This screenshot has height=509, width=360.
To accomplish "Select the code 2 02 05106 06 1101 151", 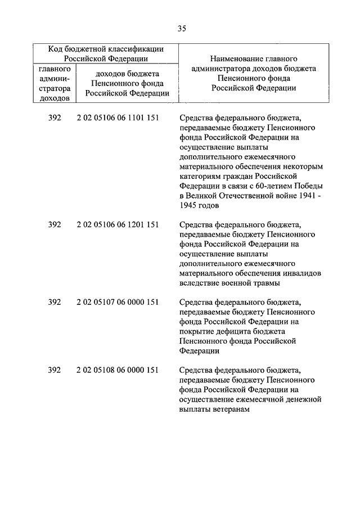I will tap(117, 118).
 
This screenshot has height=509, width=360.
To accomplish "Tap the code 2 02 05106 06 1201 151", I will tap(117, 224).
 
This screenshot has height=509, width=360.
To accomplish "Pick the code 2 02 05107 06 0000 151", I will tap(117, 302).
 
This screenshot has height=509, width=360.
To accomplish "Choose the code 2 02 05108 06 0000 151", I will tap(117, 370).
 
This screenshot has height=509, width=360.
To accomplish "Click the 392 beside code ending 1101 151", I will tap(55, 118).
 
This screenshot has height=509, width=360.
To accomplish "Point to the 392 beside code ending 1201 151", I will tap(55, 224).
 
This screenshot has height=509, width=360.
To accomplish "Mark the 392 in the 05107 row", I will tap(55, 302).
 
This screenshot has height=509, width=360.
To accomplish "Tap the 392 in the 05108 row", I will tap(55, 370).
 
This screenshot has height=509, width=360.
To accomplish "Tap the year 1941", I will tap(301, 196).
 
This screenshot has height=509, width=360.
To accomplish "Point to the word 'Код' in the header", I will tap(56, 49).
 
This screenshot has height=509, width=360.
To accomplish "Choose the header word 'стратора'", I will tap(55, 88).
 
